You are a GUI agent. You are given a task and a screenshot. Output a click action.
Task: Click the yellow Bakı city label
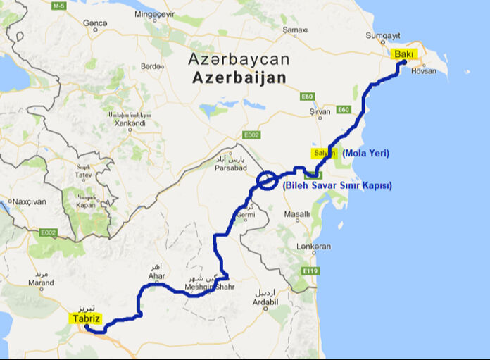pyautogui.click(x=404, y=54)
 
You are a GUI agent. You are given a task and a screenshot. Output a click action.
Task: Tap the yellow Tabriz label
pyautogui.click(x=84, y=318)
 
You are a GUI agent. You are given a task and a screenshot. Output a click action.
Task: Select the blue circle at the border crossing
pyautogui.click(x=268, y=180)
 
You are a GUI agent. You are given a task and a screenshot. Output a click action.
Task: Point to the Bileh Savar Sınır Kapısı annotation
pyautogui.click(x=337, y=186)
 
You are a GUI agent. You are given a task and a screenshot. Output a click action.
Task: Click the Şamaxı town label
pyautogui.click(x=294, y=30)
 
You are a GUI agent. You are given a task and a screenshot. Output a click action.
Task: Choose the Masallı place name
pyautogui.click(x=296, y=213)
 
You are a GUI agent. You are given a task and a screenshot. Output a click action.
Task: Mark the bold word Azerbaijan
pyautogui.click(x=240, y=77)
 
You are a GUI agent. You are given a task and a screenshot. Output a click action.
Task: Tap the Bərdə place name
pyautogui.click(x=151, y=66)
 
